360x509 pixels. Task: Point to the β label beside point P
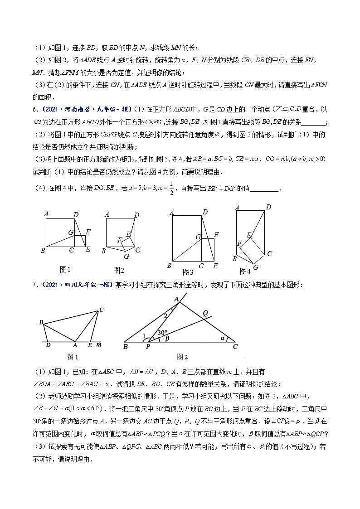(x=167, y=338)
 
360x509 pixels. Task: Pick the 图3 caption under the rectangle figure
(x=188, y=272)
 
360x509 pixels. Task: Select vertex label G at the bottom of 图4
(x=256, y=267)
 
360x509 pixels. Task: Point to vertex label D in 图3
(x=205, y=212)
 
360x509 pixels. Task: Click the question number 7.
(x=34, y=284)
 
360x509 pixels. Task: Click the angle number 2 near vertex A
(x=165, y=315)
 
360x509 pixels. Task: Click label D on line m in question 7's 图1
(x=49, y=345)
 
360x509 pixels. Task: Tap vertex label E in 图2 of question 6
(x=129, y=234)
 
